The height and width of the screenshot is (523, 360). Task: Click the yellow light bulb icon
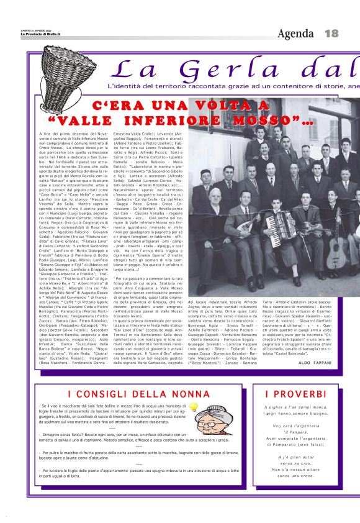[193, 407]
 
